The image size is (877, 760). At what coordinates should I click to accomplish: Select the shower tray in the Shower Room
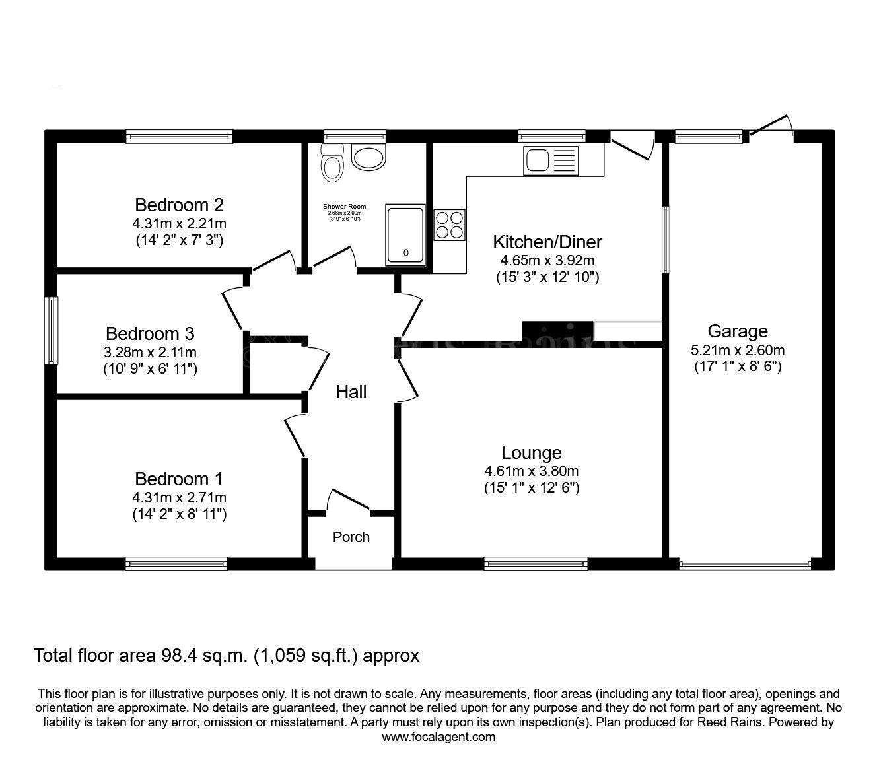[405, 236]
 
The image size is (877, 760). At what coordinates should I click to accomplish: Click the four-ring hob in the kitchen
[449, 224]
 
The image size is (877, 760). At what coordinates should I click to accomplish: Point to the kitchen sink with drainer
[550, 160]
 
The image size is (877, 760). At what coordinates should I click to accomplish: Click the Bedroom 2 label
[179, 204]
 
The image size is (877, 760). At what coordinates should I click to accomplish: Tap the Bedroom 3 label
[150, 333]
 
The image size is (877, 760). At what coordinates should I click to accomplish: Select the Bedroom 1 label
[179, 478]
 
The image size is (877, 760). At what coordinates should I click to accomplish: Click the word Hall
[351, 392]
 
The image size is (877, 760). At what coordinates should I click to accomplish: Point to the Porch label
[351, 537]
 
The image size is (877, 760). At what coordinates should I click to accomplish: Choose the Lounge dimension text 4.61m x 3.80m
[531, 471]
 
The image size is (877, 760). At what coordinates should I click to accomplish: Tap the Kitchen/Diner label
[547, 242]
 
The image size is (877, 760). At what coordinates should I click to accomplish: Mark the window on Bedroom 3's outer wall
[51, 330]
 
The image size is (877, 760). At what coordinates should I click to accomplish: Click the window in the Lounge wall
[536, 563]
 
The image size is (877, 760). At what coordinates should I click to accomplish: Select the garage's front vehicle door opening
[744, 565]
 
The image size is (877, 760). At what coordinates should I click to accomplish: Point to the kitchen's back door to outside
[632, 145]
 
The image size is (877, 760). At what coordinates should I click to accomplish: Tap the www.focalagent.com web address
[438, 737]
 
